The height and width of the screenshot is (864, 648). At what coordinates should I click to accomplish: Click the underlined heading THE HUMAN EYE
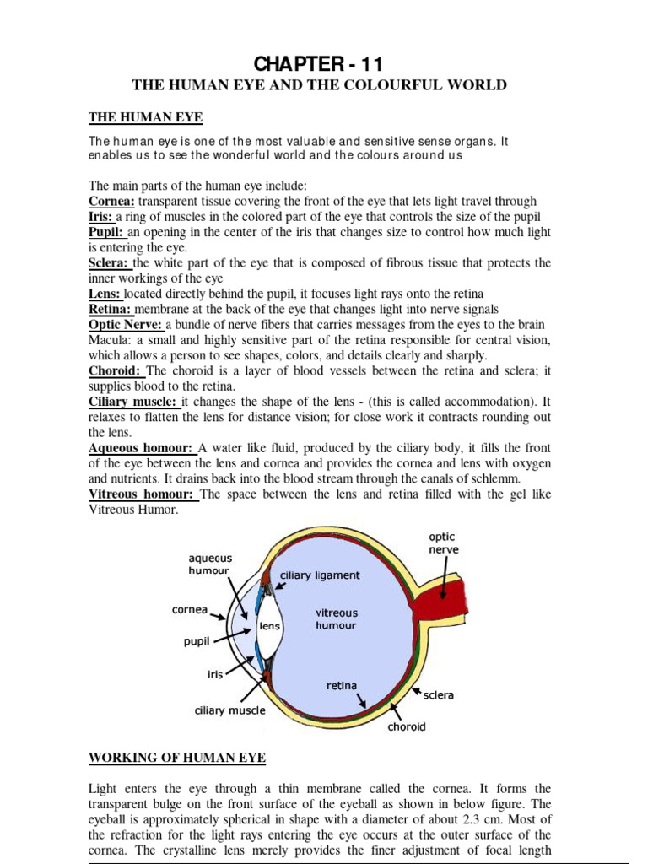click(x=146, y=116)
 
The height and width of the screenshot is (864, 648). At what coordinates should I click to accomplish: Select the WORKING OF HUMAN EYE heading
click(x=177, y=757)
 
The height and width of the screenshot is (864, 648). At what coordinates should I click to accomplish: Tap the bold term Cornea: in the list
click(x=112, y=201)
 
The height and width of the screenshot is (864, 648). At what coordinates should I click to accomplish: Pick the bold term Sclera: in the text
click(x=110, y=263)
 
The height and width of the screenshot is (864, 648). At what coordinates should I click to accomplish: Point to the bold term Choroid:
click(x=116, y=371)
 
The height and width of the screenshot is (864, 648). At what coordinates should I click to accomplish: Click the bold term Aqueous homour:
click(x=142, y=449)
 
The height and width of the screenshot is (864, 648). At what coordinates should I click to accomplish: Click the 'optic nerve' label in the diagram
click(x=444, y=543)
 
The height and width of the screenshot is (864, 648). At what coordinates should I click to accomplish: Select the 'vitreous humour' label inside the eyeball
click(x=336, y=618)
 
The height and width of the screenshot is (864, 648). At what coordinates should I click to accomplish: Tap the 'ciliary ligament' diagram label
click(x=320, y=575)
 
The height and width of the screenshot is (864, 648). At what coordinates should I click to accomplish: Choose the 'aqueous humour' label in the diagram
click(x=209, y=564)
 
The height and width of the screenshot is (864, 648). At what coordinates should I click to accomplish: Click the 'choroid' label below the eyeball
click(x=406, y=726)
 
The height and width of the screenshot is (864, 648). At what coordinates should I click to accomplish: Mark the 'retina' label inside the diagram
click(x=342, y=685)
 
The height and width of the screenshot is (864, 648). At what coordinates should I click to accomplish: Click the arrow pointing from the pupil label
click(x=234, y=637)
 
